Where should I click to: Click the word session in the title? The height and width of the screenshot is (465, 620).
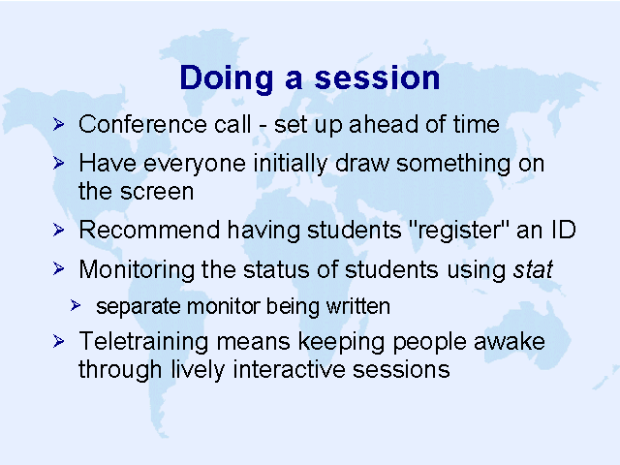(x=377, y=78)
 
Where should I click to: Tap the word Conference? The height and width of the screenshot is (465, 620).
(x=142, y=124)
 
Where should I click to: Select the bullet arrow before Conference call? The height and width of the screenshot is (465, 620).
(x=58, y=124)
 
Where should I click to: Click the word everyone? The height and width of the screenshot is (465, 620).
(x=194, y=165)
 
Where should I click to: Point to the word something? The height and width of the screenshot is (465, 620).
(x=453, y=165)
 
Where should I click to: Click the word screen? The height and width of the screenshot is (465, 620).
(x=157, y=192)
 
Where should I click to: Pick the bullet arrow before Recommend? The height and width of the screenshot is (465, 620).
(x=58, y=230)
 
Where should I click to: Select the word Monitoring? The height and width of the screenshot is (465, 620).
(x=137, y=270)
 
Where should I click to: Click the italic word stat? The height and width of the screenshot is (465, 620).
(x=533, y=270)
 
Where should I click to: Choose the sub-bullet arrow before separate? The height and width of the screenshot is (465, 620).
(x=76, y=305)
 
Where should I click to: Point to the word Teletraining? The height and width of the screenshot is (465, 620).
(x=143, y=342)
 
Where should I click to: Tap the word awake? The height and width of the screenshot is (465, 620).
(x=510, y=342)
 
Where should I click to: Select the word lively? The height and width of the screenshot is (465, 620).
(x=198, y=371)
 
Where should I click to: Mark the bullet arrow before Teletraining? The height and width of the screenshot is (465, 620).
(x=58, y=341)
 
